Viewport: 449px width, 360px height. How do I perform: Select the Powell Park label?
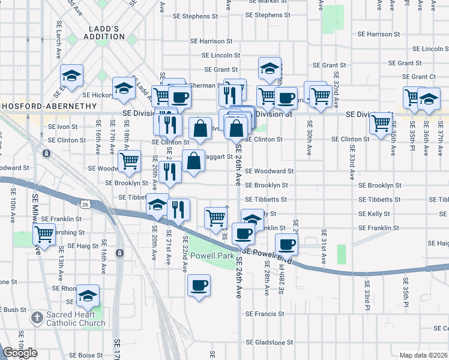coord(212,256)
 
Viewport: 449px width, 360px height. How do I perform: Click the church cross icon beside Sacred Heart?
coord(37,317)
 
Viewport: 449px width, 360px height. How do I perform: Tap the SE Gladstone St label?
coord(268,343)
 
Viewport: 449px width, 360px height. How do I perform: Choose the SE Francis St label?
coord(265,314)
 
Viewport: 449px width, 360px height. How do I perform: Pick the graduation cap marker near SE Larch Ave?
coord(71,76)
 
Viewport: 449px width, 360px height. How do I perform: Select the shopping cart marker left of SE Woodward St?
coord(129,160)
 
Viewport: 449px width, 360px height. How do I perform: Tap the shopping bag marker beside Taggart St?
coord(193,160)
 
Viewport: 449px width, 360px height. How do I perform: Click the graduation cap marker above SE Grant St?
coord(270,68)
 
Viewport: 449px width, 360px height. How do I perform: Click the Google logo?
coord(20,353)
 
